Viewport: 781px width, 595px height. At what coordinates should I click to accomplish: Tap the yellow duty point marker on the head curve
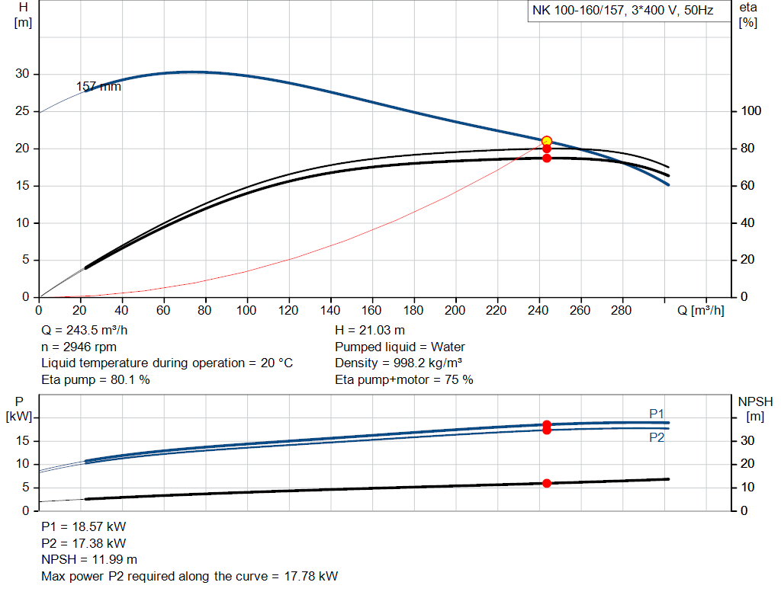pos(546,141)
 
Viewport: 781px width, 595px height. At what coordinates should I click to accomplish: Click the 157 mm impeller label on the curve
pos(98,87)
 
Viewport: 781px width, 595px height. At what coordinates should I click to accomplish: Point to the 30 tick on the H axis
pos(24,74)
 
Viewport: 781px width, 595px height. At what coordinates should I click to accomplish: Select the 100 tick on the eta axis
pos(750,111)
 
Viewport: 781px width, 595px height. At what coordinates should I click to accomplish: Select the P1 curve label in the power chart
pos(657,413)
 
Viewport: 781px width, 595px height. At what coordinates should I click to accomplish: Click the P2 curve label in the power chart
pos(657,437)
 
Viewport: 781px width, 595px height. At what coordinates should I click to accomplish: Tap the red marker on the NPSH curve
pos(546,483)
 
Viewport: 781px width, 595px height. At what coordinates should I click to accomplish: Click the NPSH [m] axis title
pos(754,408)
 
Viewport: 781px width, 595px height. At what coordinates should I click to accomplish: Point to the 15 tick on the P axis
pos(24,440)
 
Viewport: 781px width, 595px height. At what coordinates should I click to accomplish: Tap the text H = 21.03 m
pos(370,331)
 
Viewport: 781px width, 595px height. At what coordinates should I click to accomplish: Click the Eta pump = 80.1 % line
pos(95,379)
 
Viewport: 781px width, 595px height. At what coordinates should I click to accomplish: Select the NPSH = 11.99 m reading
pos(89,559)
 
